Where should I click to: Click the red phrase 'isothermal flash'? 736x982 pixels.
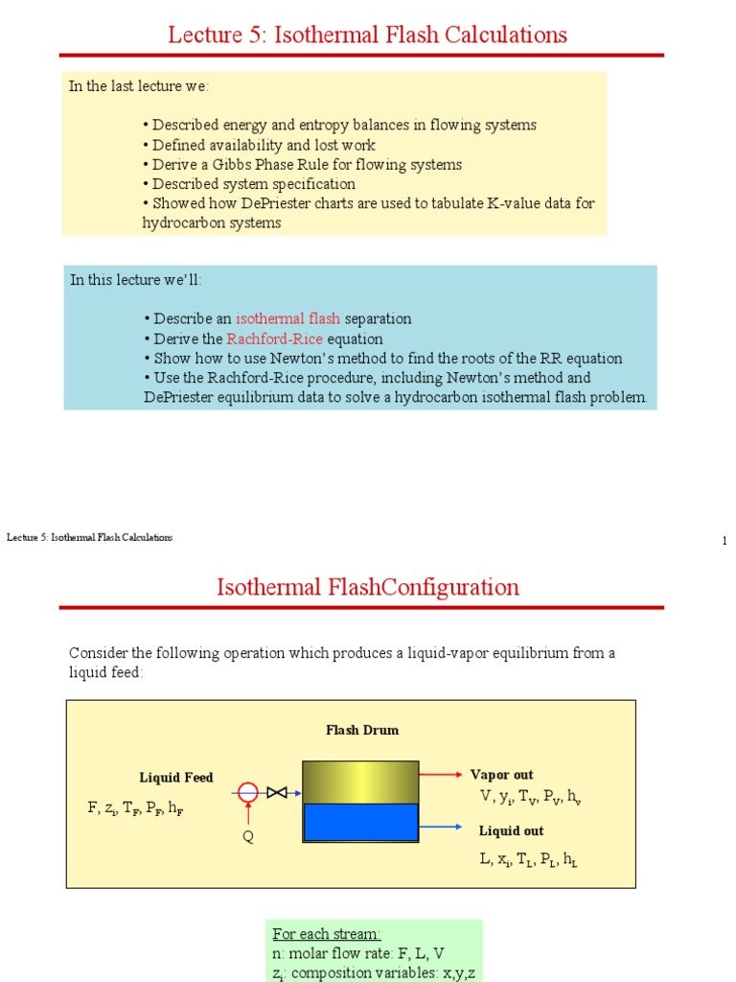point(287,318)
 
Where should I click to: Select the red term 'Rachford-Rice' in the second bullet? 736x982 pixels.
point(275,339)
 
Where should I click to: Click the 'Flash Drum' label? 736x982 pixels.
point(361,730)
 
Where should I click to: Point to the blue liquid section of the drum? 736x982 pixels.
point(360,823)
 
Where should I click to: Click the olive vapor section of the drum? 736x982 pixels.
point(360,782)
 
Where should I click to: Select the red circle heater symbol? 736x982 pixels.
point(248,792)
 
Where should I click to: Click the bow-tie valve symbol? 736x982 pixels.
point(278,792)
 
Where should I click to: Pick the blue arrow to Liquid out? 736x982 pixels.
point(443,826)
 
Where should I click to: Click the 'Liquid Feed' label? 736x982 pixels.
point(176,777)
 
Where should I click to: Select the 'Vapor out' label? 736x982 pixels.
point(501,774)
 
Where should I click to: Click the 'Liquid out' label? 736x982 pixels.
point(511,830)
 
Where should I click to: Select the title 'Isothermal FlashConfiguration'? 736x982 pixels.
point(368,587)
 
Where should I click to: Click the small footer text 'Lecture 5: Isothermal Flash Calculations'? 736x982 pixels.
point(89,537)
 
